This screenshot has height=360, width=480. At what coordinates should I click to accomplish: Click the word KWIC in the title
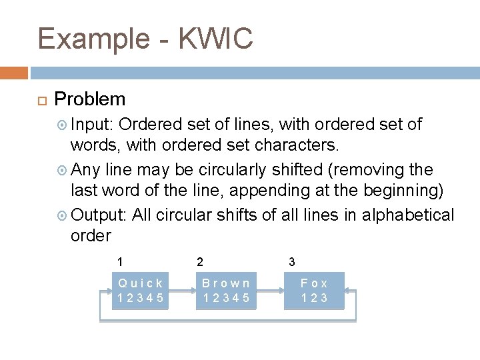coord(217,39)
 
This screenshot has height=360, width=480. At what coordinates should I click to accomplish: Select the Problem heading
coord(90,99)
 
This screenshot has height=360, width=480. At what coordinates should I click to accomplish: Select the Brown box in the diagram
coord(227,290)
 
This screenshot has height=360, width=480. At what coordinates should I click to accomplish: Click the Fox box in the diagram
coord(314,290)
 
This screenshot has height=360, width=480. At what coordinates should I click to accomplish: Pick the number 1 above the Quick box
coord(120,262)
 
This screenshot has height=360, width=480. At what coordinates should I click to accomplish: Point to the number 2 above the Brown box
coord(200,262)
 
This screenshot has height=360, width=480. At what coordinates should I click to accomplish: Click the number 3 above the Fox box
coord(291,262)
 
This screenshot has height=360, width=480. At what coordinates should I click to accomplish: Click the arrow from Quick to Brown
coord(181,291)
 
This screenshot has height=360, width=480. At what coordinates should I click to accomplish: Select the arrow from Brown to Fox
coord(270,291)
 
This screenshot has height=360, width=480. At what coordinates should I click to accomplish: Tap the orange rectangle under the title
coord(14,72)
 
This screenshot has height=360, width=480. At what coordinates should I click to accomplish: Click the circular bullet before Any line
coord(62,170)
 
